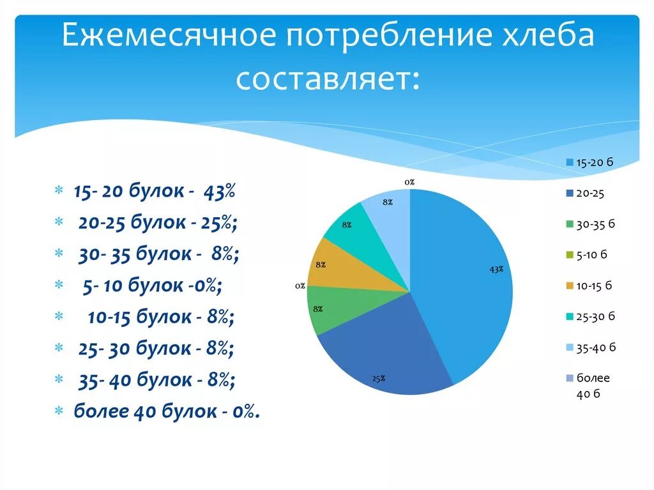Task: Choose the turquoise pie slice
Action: point(361,233)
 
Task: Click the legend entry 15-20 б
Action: point(590,162)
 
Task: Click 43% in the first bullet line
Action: point(220,191)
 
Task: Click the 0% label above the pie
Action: point(409,182)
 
